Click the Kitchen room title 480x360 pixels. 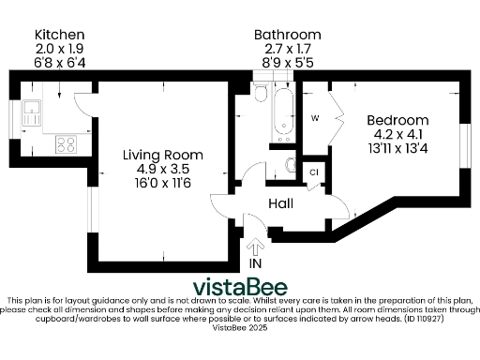(58, 34)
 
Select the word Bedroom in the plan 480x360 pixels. (397, 120)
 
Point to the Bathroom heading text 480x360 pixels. (287, 36)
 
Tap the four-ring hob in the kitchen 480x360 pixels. (66, 144)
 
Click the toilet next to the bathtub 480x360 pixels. (262, 94)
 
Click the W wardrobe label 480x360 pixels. (315, 118)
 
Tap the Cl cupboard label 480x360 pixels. (314, 172)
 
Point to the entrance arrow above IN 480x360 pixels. (255, 247)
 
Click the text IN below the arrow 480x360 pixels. (255, 264)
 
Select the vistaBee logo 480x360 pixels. (240, 286)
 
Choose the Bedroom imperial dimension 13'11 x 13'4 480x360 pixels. (397, 148)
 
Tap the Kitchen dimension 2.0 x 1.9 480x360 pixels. (58, 47)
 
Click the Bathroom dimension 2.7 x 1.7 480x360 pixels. (287, 50)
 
